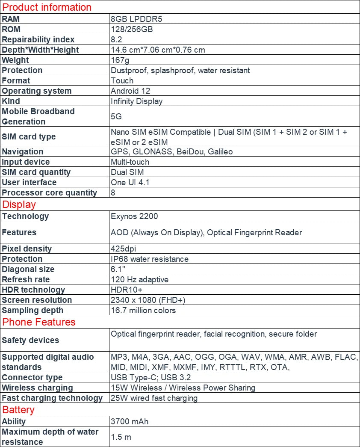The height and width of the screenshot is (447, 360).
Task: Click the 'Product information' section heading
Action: click(x=47, y=7)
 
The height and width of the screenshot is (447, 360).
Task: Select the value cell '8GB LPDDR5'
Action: click(x=136, y=19)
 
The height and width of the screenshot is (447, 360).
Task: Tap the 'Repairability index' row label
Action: click(x=38, y=39)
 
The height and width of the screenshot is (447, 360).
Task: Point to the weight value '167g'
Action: click(x=120, y=60)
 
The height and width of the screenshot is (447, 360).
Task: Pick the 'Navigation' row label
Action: click(x=23, y=151)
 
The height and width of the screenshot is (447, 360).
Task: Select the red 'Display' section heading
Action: click(x=19, y=204)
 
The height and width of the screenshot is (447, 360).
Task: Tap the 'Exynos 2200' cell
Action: click(x=134, y=216)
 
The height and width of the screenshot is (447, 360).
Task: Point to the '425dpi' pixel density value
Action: click(x=124, y=249)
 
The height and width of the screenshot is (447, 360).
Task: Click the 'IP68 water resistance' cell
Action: click(x=150, y=259)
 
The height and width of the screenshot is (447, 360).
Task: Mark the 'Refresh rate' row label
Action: click(x=26, y=279)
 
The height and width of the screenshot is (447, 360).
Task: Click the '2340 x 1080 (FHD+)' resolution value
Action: click(x=148, y=300)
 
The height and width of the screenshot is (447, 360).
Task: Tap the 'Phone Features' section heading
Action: click(x=39, y=322)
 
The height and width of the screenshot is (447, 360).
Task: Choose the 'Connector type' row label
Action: click(x=32, y=377)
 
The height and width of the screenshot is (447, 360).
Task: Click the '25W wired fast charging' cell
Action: click(x=154, y=398)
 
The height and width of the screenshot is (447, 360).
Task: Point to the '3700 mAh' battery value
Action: click(x=130, y=421)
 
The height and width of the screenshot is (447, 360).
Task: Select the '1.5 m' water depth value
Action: click(x=121, y=437)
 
